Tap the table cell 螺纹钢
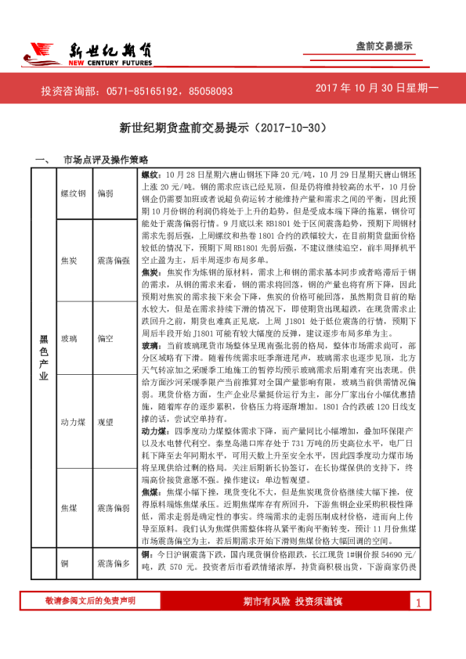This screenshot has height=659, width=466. tap(74, 192)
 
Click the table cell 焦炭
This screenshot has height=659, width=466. tap(69, 258)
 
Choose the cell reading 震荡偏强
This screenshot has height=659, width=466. tap(114, 258)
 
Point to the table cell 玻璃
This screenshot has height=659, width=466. tap(69, 339)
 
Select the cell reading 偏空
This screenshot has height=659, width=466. tap(107, 339)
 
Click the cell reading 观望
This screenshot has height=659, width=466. tap(107, 422)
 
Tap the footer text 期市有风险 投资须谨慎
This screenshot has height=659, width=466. tap(293, 623)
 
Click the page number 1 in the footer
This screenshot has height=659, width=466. tap(419, 624)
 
